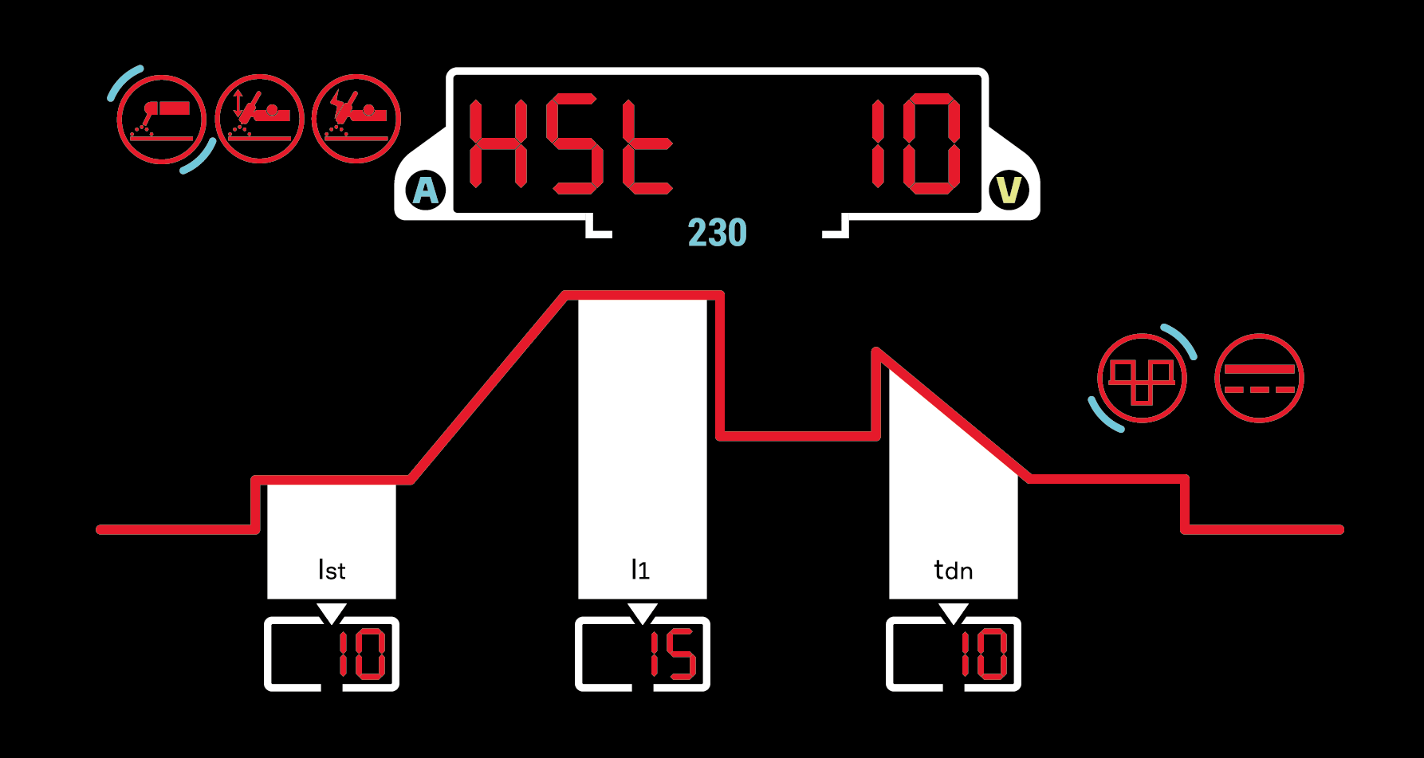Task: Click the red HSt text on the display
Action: tap(569, 145)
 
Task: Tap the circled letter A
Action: tap(426, 190)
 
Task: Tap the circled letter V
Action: tap(1009, 190)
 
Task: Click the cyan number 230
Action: tap(717, 233)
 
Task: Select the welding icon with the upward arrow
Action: tap(259, 119)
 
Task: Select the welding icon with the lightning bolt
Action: tap(356, 119)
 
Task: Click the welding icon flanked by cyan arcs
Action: tap(162, 120)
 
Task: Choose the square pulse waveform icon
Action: tap(1142, 379)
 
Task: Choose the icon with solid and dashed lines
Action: tap(1259, 379)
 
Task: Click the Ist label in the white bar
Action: tap(332, 570)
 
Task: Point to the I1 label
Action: tap(640, 569)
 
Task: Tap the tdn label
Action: tap(953, 570)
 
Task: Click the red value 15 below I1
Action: tap(674, 654)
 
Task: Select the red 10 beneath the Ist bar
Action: tap(362, 654)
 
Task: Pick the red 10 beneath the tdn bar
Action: tap(985, 654)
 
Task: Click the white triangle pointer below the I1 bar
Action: tap(643, 613)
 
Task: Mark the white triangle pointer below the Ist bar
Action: tap(332, 613)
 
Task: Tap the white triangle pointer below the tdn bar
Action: tap(954, 613)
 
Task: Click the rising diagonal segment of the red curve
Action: tap(488, 387)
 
